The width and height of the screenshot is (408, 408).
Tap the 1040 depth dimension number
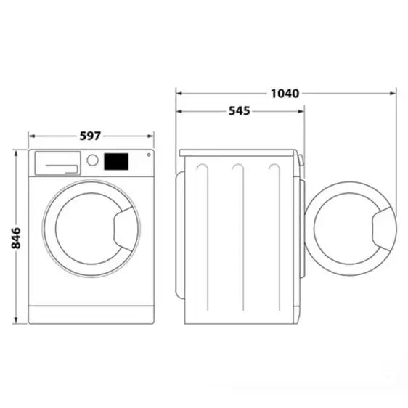point(285,93)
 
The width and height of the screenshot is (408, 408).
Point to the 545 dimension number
point(239,111)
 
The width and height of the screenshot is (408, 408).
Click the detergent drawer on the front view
point(57,163)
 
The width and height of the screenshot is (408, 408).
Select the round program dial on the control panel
point(92,160)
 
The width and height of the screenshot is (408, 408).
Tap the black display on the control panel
point(116,160)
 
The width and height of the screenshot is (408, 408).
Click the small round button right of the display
point(148,154)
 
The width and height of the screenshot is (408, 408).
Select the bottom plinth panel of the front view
point(91,314)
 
